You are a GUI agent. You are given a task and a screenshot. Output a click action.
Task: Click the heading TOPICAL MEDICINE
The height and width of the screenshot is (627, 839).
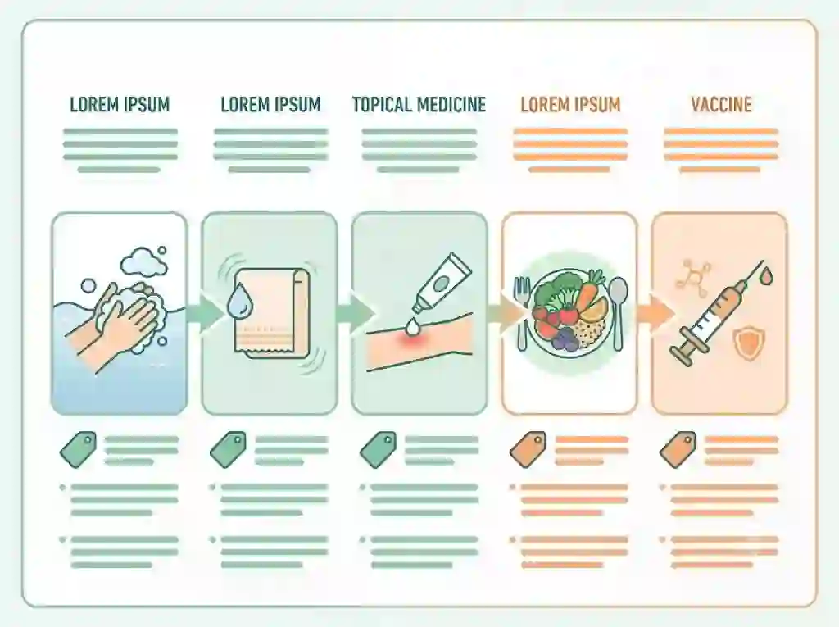[x=419, y=104]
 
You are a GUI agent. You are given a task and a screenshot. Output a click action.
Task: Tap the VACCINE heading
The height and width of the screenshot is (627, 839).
[x=721, y=104]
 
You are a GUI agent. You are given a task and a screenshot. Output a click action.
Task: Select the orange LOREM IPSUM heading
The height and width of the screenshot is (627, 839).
[x=570, y=104]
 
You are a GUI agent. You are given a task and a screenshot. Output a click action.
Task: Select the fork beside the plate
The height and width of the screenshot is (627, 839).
[x=521, y=312]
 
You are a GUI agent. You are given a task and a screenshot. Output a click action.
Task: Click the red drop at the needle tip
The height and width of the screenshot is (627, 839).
[x=767, y=276]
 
